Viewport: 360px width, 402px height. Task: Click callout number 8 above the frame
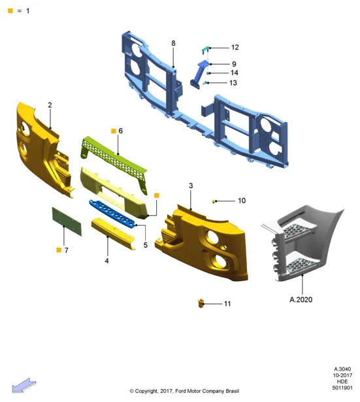(173, 43)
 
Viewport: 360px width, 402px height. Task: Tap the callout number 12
(235, 48)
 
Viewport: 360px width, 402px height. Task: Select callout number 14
(235, 73)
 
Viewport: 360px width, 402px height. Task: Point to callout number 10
(242, 201)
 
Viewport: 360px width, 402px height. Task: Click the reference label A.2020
(301, 299)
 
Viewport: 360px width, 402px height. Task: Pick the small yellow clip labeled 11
(201, 303)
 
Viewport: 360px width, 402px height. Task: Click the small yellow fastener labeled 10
(214, 201)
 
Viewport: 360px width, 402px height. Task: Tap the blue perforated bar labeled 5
(112, 214)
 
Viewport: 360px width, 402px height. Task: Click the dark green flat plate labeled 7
(67, 222)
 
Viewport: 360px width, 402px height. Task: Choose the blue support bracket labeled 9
(199, 74)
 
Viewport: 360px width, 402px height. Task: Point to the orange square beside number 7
(59, 250)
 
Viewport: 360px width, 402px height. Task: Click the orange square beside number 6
(114, 131)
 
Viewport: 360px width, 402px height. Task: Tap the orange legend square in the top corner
(10, 10)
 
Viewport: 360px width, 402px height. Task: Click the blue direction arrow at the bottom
(24, 385)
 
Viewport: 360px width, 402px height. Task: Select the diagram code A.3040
(342, 369)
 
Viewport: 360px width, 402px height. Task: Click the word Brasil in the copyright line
(233, 391)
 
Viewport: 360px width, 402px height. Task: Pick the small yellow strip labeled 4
(113, 233)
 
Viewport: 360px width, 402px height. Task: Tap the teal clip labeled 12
(206, 50)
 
